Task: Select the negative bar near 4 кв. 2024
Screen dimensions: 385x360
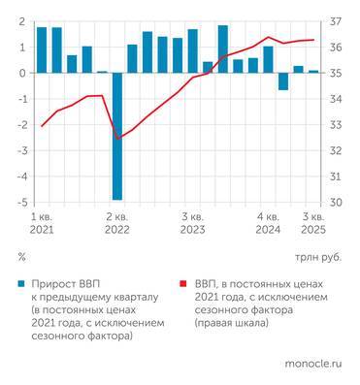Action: coord(283,81)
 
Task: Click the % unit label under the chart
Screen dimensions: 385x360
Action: coord(21,258)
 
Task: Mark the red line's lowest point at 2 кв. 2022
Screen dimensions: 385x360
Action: coord(117,139)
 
